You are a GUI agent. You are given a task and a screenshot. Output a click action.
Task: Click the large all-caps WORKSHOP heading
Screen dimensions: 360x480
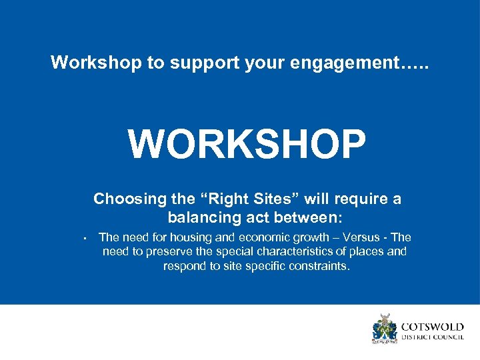click(247, 144)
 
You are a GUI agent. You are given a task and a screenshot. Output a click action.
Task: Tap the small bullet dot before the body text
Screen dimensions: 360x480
click(79, 239)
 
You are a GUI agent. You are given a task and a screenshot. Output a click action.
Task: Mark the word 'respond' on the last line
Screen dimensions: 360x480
click(185, 266)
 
